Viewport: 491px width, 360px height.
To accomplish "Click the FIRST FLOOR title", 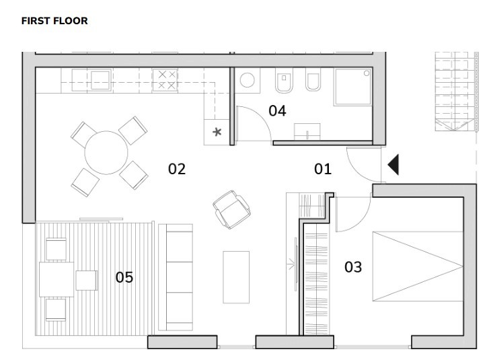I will tap(54, 21).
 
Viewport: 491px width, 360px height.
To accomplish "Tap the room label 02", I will tap(176, 169).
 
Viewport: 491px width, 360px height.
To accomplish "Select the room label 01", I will tap(323, 169).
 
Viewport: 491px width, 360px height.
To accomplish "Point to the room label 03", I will tap(352, 267).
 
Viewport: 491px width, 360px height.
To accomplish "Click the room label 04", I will tap(277, 111).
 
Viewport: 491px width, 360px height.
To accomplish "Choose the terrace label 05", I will tap(124, 277).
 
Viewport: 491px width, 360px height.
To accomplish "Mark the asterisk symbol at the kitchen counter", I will tap(217, 132).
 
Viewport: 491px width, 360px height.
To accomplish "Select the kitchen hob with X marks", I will tap(165, 80).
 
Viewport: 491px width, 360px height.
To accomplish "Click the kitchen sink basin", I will tap(100, 80).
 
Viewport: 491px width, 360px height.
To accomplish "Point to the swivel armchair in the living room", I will tap(231, 208).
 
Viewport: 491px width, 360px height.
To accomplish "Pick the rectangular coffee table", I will tap(236, 277).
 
